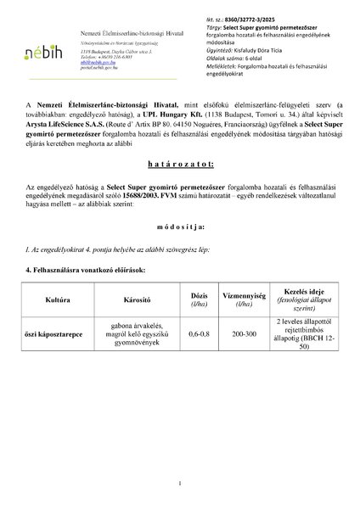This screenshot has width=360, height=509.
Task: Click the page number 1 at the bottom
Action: pos(180,484)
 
